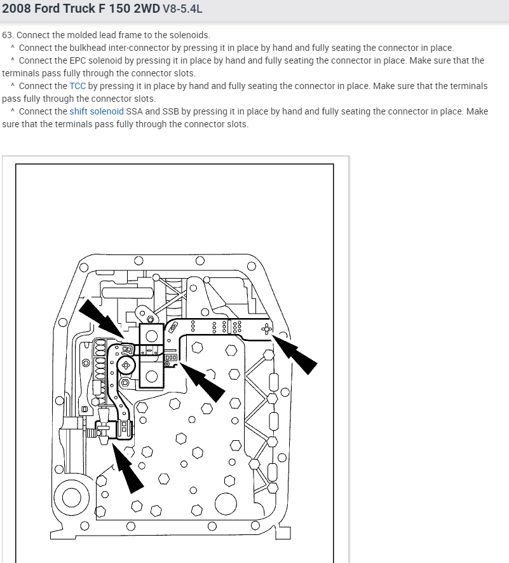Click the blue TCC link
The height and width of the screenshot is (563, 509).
pos(78,86)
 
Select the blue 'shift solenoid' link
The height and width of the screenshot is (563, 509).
pos(97,111)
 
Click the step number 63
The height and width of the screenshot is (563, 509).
pos(7,35)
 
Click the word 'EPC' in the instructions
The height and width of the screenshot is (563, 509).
pos(81,60)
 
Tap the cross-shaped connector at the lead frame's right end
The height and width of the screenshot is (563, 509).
pos(267,328)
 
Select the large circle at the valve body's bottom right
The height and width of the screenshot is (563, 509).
pos(226,504)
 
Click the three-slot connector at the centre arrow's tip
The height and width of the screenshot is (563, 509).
pos(170,358)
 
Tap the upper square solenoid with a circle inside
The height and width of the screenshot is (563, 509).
pos(151,335)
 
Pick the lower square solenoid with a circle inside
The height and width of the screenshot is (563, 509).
pos(151,375)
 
